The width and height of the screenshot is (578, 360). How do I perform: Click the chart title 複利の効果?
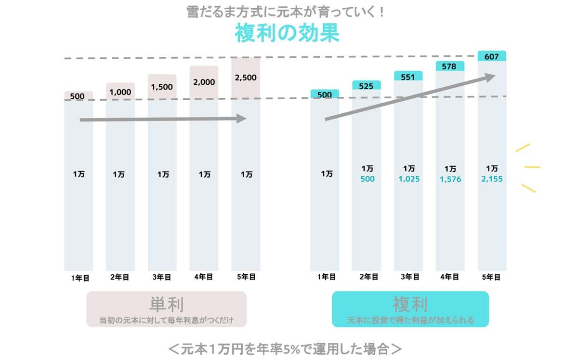pos(287,34)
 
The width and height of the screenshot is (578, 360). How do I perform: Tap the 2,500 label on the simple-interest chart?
pos(245,77)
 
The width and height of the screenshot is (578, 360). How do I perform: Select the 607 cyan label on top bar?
pos(491,57)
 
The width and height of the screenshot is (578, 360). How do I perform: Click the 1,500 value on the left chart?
pos(162,87)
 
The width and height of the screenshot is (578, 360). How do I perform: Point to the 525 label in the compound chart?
pos(366,86)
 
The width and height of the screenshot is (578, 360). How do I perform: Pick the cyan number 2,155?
pos(492,179)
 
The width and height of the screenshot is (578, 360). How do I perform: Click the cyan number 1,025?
pos(409,179)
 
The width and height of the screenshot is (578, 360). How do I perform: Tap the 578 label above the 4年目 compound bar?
pos(449,67)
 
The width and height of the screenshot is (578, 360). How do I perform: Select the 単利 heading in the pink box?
pos(166,305)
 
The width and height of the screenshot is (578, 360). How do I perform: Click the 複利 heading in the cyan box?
pos(410,305)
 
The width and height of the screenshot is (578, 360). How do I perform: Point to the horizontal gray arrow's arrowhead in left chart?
pos(242,119)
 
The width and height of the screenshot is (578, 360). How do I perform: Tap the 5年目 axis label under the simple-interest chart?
pos(246,277)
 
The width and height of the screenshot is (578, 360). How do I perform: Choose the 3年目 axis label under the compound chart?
pos(409,277)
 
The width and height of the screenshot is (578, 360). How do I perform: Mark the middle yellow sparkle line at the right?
pos(532,167)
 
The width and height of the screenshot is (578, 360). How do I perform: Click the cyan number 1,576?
pos(450,179)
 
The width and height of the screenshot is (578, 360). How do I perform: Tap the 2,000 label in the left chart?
pos(204,82)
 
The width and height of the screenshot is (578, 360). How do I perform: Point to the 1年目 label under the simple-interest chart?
pos(79,278)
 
